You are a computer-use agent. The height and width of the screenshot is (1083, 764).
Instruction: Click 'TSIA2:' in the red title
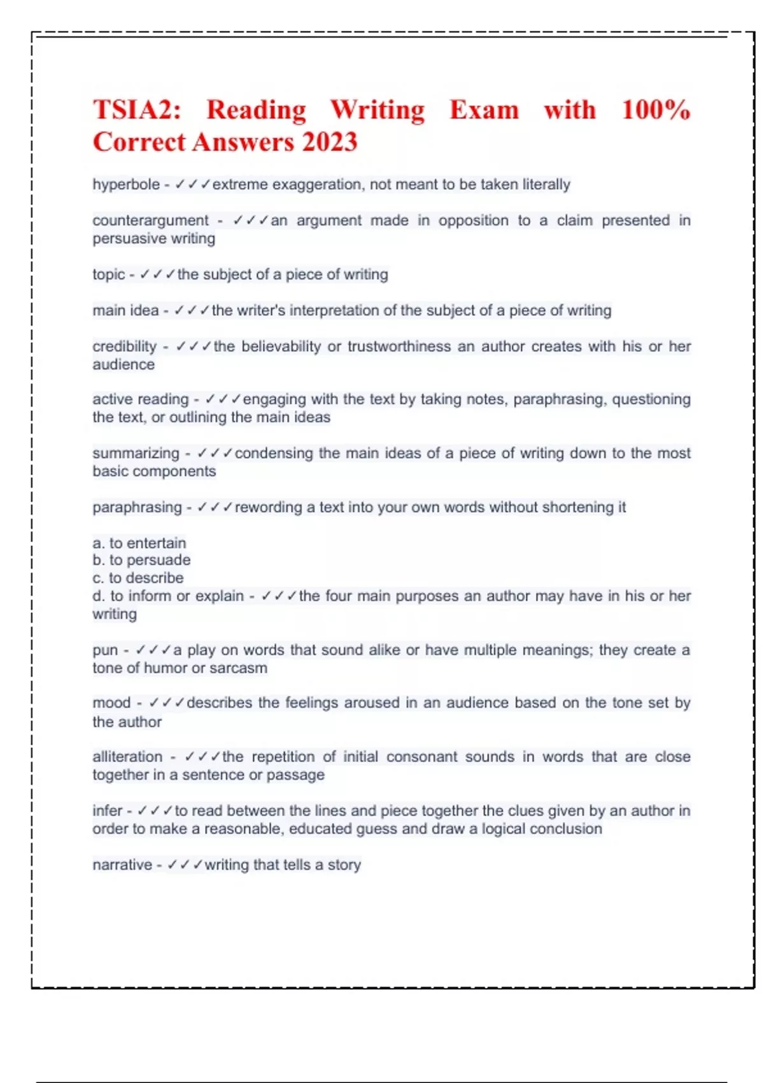coord(137,110)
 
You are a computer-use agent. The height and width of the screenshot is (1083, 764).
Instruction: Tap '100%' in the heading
coord(655,110)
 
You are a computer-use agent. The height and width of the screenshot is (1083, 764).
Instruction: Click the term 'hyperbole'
coord(126,185)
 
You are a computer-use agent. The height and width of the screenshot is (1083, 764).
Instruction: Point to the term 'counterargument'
coord(150,220)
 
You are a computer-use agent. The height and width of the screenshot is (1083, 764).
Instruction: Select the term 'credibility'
coord(124,347)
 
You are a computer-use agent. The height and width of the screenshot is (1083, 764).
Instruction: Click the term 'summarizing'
coord(136,454)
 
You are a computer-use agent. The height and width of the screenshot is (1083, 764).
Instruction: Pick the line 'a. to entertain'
coord(139,543)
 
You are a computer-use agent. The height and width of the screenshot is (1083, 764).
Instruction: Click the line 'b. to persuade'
coord(141,561)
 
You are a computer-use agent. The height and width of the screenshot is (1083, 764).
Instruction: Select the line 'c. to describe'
coord(138,578)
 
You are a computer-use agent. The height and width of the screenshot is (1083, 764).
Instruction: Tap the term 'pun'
coord(105,651)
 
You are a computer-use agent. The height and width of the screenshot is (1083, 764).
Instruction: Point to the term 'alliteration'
coord(127,757)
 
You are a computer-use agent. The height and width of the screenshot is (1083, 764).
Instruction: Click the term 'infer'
coord(107,811)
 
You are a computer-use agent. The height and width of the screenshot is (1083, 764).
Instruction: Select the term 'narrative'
coord(122,865)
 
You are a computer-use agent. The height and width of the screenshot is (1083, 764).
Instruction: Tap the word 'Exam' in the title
coord(484,110)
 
